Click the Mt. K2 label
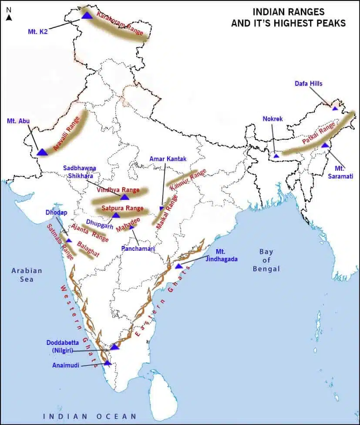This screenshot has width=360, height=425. point(40,31)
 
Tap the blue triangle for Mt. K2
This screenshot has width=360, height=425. point(87,15)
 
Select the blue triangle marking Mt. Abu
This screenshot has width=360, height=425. point(42,152)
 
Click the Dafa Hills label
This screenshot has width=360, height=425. point(308,84)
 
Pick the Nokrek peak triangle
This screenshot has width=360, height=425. point(276,155)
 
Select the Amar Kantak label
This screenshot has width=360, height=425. point(168,159)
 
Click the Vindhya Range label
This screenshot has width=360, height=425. point(118,190)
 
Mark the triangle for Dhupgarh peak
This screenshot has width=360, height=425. point(116,215)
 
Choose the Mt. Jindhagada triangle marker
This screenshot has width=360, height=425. point(178,266)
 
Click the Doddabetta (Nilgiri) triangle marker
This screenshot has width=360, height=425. point(114,347)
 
